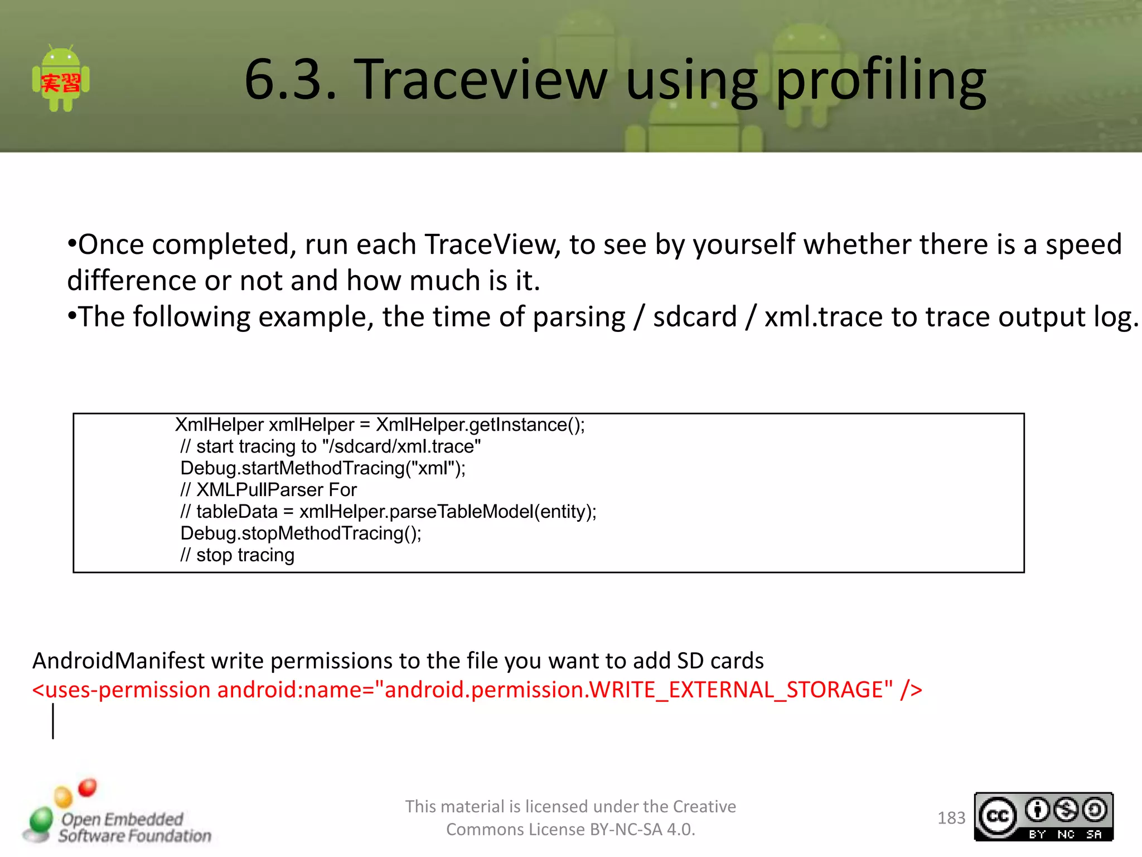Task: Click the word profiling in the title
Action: click(880, 81)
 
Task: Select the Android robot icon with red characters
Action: click(61, 79)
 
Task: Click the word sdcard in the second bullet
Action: click(695, 317)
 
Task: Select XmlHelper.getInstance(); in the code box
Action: click(480, 425)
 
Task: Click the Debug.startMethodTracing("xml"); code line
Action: click(323, 468)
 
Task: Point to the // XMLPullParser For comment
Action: click(268, 490)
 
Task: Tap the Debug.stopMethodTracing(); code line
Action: click(301, 533)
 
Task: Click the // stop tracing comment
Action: click(237, 555)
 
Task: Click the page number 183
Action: click(951, 818)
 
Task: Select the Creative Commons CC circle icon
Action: click(998, 817)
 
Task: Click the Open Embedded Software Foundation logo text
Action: click(134, 827)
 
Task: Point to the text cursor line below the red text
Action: click(54, 721)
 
